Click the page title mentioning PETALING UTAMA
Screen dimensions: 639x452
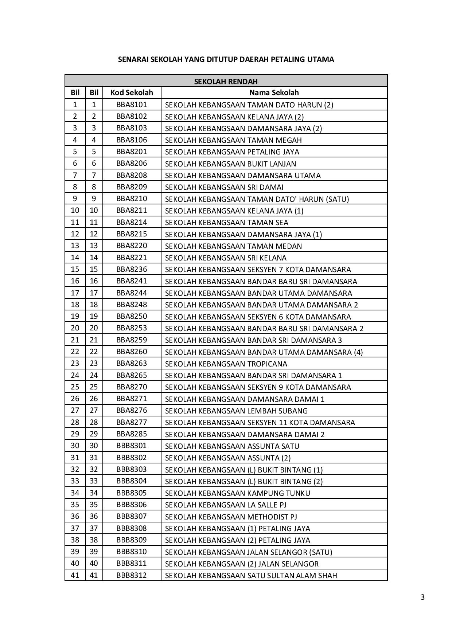[226, 59]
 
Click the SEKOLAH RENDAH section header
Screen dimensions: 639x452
[226, 81]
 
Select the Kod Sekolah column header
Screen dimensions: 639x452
[132, 93]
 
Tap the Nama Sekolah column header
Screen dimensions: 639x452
[274, 93]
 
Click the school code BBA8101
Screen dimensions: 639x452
[132, 105]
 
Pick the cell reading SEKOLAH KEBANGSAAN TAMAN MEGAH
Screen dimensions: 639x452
[233, 140]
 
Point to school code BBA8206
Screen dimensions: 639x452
[132, 163]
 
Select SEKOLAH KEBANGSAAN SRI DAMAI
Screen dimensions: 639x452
[224, 187]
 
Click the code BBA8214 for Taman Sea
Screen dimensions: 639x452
[132, 222]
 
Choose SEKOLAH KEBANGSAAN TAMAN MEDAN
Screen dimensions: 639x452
[233, 246]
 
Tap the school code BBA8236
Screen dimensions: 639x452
[132, 269]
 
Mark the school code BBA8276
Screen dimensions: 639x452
[132, 410]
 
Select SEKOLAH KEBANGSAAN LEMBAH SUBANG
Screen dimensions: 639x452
[236, 411]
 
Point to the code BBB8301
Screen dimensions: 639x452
[132, 446]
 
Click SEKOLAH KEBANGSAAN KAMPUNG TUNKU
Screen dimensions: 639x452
[238, 493]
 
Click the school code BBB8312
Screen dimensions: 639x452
[132, 575]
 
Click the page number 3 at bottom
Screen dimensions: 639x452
[422, 597]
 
